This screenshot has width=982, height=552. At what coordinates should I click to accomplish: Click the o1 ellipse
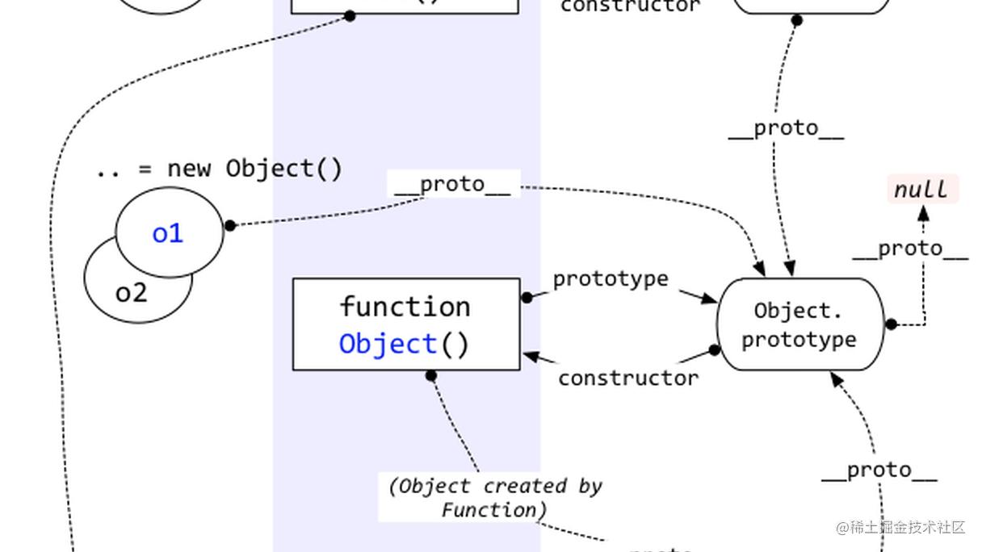(168, 233)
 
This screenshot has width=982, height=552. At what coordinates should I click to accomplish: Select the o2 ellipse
(129, 295)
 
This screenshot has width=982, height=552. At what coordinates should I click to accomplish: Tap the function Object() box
(405, 324)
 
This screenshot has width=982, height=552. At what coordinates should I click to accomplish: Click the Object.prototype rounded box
(799, 324)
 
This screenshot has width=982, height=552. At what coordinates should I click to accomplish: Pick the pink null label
(922, 190)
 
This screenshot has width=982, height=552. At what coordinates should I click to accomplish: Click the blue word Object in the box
(388, 344)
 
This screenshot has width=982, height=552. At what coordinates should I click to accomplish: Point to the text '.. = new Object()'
(219, 169)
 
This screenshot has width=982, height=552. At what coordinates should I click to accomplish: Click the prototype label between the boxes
(611, 279)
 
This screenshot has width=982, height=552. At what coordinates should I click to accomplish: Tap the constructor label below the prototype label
(628, 378)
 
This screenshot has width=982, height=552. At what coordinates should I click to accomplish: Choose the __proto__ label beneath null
(910, 249)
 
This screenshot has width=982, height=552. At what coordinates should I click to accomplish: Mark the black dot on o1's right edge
(229, 225)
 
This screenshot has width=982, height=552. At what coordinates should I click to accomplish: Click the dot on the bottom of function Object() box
(431, 375)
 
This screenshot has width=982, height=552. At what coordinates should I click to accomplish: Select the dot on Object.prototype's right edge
(891, 324)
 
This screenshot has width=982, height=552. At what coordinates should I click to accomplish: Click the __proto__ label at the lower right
(879, 470)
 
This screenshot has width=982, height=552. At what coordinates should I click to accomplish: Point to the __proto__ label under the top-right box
(786, 129)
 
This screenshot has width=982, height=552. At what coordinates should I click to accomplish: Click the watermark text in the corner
(900, 527)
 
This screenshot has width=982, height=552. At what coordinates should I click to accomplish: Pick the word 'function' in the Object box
(405, 307)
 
